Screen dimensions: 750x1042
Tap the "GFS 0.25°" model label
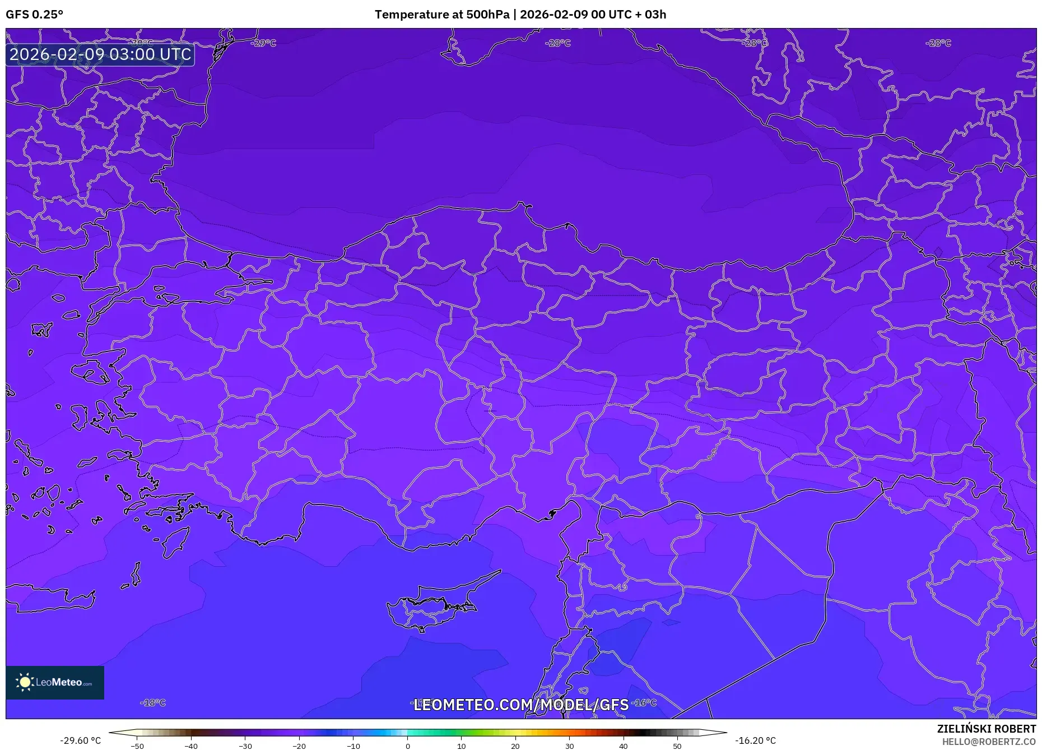click(x=35, y=15)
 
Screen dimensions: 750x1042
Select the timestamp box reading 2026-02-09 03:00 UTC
click(x=100, y=54)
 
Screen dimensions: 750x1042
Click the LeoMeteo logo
click(x=55, y=682)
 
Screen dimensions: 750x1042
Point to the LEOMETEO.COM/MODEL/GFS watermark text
click(x=521, y=705)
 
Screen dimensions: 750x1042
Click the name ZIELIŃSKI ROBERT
click(x=986, y=729)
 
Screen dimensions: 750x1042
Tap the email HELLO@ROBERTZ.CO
click(x=989, y=742)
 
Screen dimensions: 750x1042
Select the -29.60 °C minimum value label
click(x=81, y=740)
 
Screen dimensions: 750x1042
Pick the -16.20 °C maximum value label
click(x=755, y=740)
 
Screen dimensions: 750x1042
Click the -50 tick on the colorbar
click(x=137, y=746)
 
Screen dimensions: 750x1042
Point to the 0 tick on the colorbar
click(x=408, y=746)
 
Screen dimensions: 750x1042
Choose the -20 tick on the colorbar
click(x=299, y=746)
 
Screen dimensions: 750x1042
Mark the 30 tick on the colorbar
click(x=569, y=746)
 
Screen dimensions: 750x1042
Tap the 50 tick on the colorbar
click(x=677, y=746)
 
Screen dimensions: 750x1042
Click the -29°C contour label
click(x=264, y=43)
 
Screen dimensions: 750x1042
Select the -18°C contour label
click(x=153, y=702)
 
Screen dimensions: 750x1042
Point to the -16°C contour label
click(x=644, y=702)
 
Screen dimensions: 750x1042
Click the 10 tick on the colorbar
click(x=461, y=746)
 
